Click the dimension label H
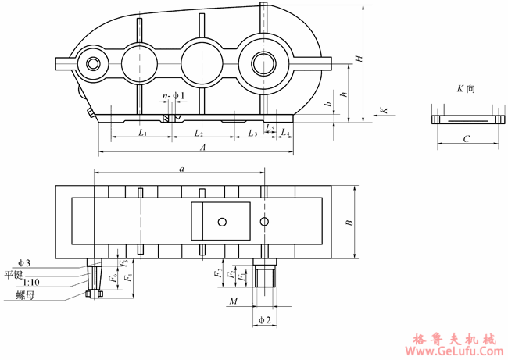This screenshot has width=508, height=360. [x=359, y=59]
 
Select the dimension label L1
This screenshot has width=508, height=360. [x=143, y=132]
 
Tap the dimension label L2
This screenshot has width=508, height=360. [x=199, y=133]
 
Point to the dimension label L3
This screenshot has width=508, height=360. [x=252, y=133]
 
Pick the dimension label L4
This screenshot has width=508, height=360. [x=285, y=132]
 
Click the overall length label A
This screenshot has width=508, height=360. [x=203, y=148]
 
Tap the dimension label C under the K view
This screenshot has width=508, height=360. [x=467, y=139]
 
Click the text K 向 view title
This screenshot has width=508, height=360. [x=467, y=88]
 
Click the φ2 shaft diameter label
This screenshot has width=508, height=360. [x=265, y=320]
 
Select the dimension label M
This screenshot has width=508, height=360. [x=234, y=301]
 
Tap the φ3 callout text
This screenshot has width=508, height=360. [x=24, y=263]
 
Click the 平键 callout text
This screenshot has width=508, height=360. [x=13, y=275]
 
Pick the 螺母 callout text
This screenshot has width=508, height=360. [x=25, y=295]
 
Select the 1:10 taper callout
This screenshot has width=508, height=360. [x=31, y=283]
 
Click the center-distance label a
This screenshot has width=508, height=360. [x=182, y=169]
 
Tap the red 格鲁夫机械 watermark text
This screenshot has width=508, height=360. [x=455, y=340]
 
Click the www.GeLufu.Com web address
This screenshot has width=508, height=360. [x=454, y=351]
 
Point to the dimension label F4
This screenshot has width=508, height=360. [x=129, y=277]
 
